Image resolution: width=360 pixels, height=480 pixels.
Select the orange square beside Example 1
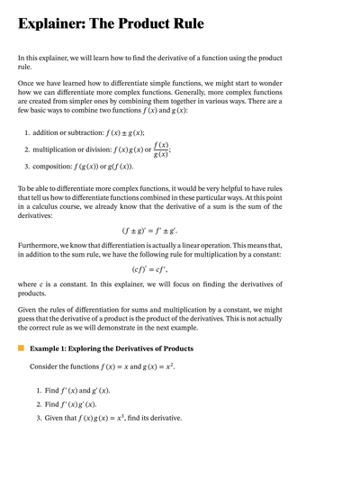[x=21, y=347]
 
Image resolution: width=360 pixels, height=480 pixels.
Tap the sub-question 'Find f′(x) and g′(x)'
[x=76, y=390]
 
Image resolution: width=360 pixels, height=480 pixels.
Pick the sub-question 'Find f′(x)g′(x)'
[x=70, y=404]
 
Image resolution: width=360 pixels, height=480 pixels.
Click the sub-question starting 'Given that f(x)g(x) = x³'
[x=112, y=418]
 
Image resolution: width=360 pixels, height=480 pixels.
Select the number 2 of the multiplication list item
[x=26, y=149]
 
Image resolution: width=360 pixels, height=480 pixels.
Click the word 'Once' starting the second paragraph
[x=27, y=81]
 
